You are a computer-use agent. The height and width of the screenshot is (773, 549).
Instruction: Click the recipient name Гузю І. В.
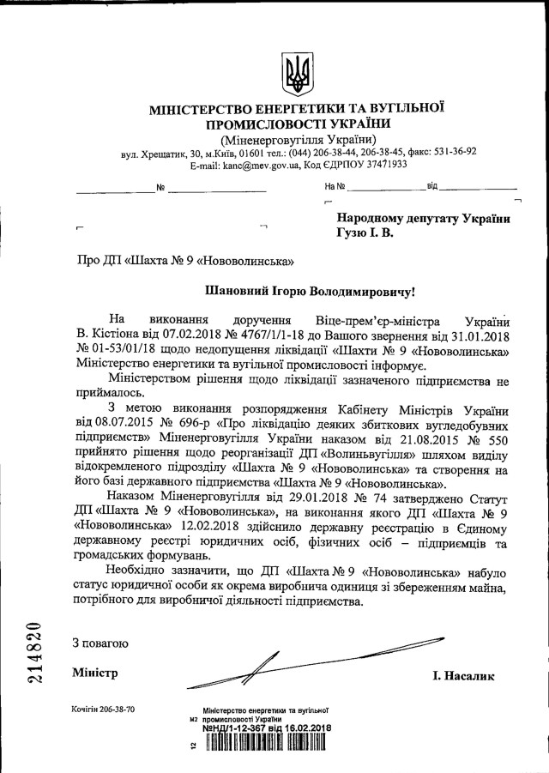click(x=365, y=232)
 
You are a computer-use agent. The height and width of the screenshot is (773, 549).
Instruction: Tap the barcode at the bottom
click(x=266, y=744)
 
